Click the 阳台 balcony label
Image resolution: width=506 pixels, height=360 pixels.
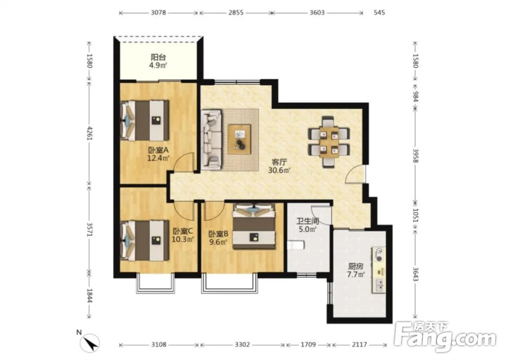click(158, 58)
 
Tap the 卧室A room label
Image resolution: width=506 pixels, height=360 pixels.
click(158, 150)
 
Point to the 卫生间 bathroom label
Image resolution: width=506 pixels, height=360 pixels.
click(308, 222)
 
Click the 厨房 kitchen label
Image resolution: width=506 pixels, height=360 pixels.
click(356, 267)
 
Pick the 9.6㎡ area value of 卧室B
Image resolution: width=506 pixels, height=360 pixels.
click(218, 242)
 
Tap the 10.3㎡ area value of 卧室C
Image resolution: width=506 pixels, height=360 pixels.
click(183, 239)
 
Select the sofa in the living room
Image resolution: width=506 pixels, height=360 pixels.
click(211, 140)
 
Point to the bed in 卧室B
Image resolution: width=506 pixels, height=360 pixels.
click(254, 226)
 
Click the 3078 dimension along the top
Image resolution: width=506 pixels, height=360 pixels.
click(158, 13)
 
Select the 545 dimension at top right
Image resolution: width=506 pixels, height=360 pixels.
click(379, 13)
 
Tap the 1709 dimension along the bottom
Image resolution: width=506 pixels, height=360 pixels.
click(308, 345)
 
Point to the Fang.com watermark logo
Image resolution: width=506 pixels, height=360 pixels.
click(446, 336)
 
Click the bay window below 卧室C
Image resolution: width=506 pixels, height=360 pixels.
click(155, 284)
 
